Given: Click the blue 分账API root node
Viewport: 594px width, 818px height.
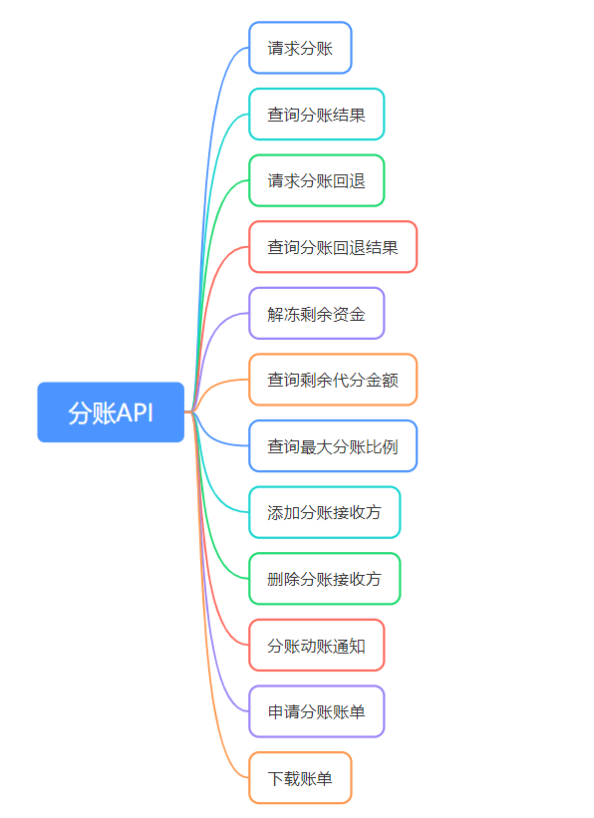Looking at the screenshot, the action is (111, 412).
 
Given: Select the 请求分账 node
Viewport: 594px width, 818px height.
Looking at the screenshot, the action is (300, 48).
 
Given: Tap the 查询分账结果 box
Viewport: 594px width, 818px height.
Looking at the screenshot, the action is (316, 115).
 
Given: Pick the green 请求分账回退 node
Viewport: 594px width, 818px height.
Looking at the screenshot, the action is (316, 180).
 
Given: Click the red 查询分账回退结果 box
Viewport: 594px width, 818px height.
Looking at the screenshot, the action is (333, 247).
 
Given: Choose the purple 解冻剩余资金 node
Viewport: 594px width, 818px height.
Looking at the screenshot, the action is (316, 313).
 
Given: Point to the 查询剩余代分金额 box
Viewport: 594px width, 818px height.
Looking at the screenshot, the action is (333, 380).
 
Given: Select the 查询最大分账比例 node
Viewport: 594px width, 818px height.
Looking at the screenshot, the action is (333, 446).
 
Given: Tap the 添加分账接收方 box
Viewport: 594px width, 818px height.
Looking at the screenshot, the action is (324, 512).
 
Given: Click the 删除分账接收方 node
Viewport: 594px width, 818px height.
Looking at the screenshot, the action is (324, 579).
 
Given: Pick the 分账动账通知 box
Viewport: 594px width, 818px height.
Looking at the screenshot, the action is (316, 646).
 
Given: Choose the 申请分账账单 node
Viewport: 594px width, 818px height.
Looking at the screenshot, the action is (316, 711).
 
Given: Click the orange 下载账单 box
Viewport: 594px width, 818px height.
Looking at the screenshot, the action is (300, 778).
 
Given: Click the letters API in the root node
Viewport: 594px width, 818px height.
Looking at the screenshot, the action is (135, 412).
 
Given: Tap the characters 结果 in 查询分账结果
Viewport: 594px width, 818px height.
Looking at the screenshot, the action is (349, 115).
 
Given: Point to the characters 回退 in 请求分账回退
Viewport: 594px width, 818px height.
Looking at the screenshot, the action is (349, 181).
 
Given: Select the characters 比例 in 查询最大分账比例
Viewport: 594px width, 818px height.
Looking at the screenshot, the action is (382, 446).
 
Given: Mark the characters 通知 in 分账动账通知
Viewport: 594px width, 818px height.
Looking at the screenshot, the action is (349, 646).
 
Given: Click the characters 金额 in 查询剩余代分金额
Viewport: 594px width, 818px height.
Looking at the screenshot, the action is (382, 380).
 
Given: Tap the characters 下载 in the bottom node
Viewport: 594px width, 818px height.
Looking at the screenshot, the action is (284, 778).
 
